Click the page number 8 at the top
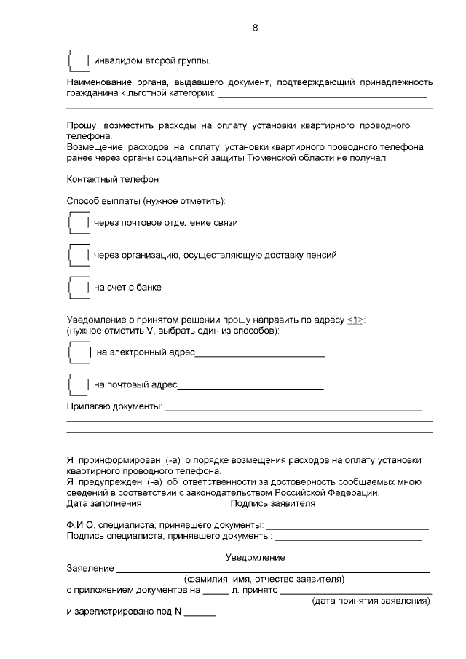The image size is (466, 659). pos(255,28)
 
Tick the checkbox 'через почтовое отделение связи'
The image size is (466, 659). pos(78,223)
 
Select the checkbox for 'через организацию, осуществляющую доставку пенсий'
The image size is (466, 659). pos(78,255)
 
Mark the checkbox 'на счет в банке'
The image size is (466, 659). pos(78,287)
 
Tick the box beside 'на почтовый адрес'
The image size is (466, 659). pos(78,384)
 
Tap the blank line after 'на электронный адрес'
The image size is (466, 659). pos(260,355)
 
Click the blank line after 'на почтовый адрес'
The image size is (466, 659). pos(250,387)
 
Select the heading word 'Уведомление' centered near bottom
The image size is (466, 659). pos(255,557)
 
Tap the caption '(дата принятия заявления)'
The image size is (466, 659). pos(371,601)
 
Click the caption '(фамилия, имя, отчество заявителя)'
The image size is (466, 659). pos(264,580)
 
